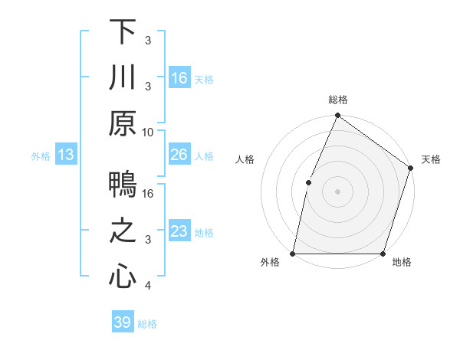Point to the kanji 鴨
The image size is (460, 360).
(x=123, y=186)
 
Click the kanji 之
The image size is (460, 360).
(x=123, y=232)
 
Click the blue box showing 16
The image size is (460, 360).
(x=179, y=77)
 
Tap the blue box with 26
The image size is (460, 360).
(x=179, y=155)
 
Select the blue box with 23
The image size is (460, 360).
(x=179, y=231)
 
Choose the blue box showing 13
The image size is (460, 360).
(x=66, y=155)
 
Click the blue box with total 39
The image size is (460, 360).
(x=123, y=322)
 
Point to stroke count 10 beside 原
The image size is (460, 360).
(x=149, y=132)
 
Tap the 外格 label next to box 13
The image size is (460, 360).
(x=41, y=155)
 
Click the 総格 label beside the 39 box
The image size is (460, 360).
(x=147, y=324)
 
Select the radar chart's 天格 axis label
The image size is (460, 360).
(x=432, y=160)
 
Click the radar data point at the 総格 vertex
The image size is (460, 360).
(x=337, y=116)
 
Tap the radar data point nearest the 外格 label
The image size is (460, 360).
(x=293, y=254)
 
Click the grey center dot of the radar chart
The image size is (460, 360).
(x=337, y=191)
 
